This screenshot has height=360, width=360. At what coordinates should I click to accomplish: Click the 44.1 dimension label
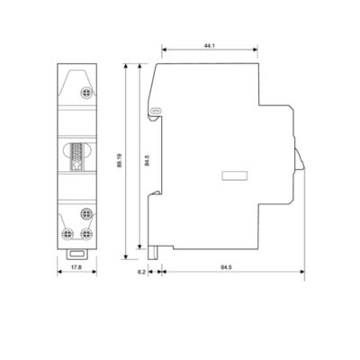(x=210, y=46)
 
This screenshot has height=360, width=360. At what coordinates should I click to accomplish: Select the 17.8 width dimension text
(x=77, y=266)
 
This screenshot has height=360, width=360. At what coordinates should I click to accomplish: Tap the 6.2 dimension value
(x=141, y=272)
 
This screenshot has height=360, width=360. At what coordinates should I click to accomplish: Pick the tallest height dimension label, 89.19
(x=120, y=160)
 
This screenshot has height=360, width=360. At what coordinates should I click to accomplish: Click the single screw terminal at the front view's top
(x=86, y=93)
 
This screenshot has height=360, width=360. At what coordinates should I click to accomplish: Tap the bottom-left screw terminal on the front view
(x=67, y=234)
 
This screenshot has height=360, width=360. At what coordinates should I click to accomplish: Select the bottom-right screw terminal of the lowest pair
(x=86, y=234)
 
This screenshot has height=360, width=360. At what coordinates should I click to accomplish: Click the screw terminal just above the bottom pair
(x=86, y=214)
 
